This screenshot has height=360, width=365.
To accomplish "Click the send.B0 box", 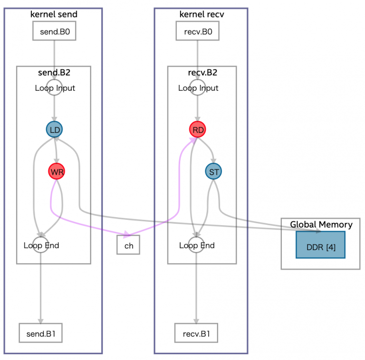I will coord(55,32).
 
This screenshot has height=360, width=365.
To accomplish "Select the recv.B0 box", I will coord(198,32).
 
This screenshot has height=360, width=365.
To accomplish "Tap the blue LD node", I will coord(54,129).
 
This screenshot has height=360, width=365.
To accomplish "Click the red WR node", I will coord(56,171).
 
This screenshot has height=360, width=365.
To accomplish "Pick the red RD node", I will coord(197,129).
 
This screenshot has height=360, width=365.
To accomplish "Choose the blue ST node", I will coord(214,171).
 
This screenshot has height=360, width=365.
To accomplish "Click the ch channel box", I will coord(128,245).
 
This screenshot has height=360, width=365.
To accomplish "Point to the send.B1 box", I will coord(40,333).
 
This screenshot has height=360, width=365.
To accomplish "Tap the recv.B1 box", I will coord(196,333).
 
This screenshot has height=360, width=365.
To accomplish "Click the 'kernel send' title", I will coord(54,14).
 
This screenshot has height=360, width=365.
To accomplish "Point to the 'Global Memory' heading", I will coord(321,225).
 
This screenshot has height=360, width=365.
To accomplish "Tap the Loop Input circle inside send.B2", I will coord(55,88).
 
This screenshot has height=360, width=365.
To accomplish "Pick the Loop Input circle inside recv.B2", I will coord(198,88).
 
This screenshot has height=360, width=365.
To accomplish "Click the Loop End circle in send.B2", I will coord(41,246).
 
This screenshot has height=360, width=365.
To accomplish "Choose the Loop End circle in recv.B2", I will coord(196,246).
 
